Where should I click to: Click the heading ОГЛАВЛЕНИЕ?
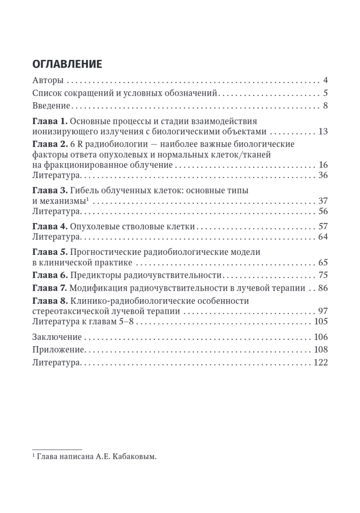(x=67, y=64)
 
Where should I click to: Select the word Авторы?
(x=48, y=80)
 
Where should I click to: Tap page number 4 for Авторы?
(x=325, y=80)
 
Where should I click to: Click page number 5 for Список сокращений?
(x=325, y=93)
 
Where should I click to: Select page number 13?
(x=323, y=131)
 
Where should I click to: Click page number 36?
(x=323, y=175)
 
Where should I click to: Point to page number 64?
(x=323, y=236)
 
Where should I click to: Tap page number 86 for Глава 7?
(x=323, y=288)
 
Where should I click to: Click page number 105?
(x=320, y=321)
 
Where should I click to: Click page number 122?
(x=320, y=362)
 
